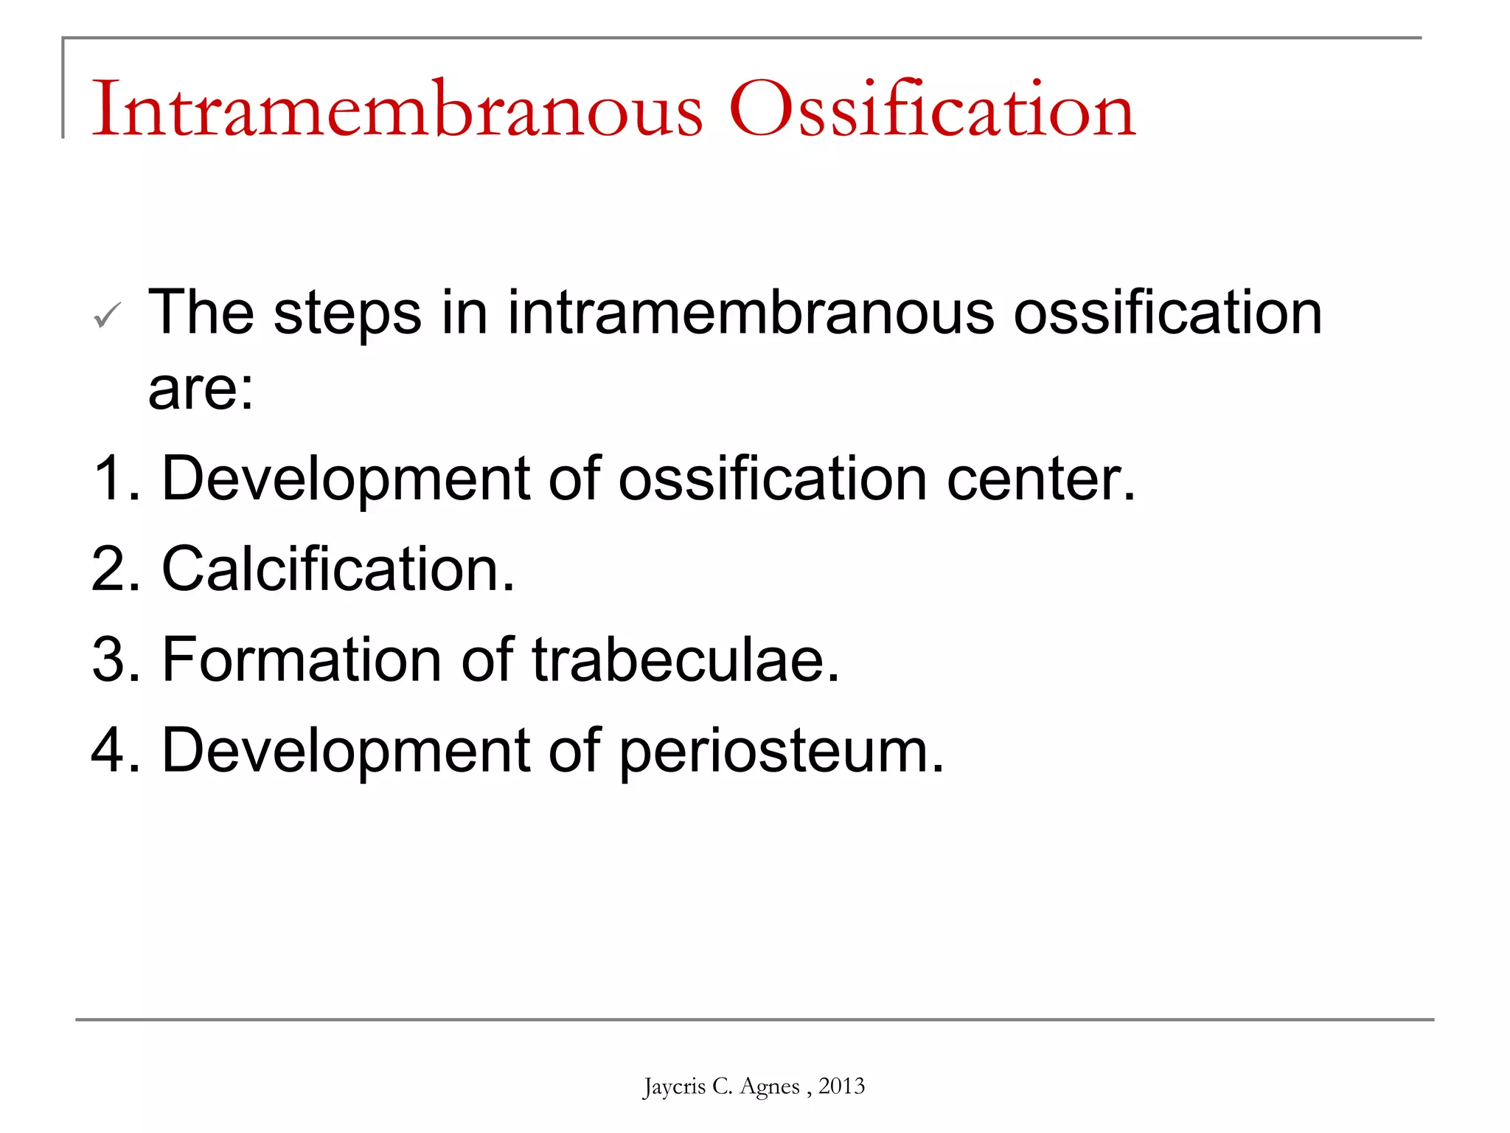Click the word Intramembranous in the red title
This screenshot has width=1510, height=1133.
point(397,109)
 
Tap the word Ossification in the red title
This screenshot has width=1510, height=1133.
point(932,109)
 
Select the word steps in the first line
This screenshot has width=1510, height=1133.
point(347,314)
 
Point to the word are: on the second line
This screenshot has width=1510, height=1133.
point(201,389)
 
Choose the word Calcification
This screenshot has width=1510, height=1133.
point(337,569)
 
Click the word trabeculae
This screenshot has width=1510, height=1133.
point(685,659)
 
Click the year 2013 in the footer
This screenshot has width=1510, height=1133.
point(841,1086)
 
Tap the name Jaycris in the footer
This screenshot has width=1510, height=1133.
point(674,1087)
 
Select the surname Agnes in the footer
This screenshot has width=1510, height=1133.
point(769,1087)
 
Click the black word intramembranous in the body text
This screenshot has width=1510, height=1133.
point(751,313)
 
